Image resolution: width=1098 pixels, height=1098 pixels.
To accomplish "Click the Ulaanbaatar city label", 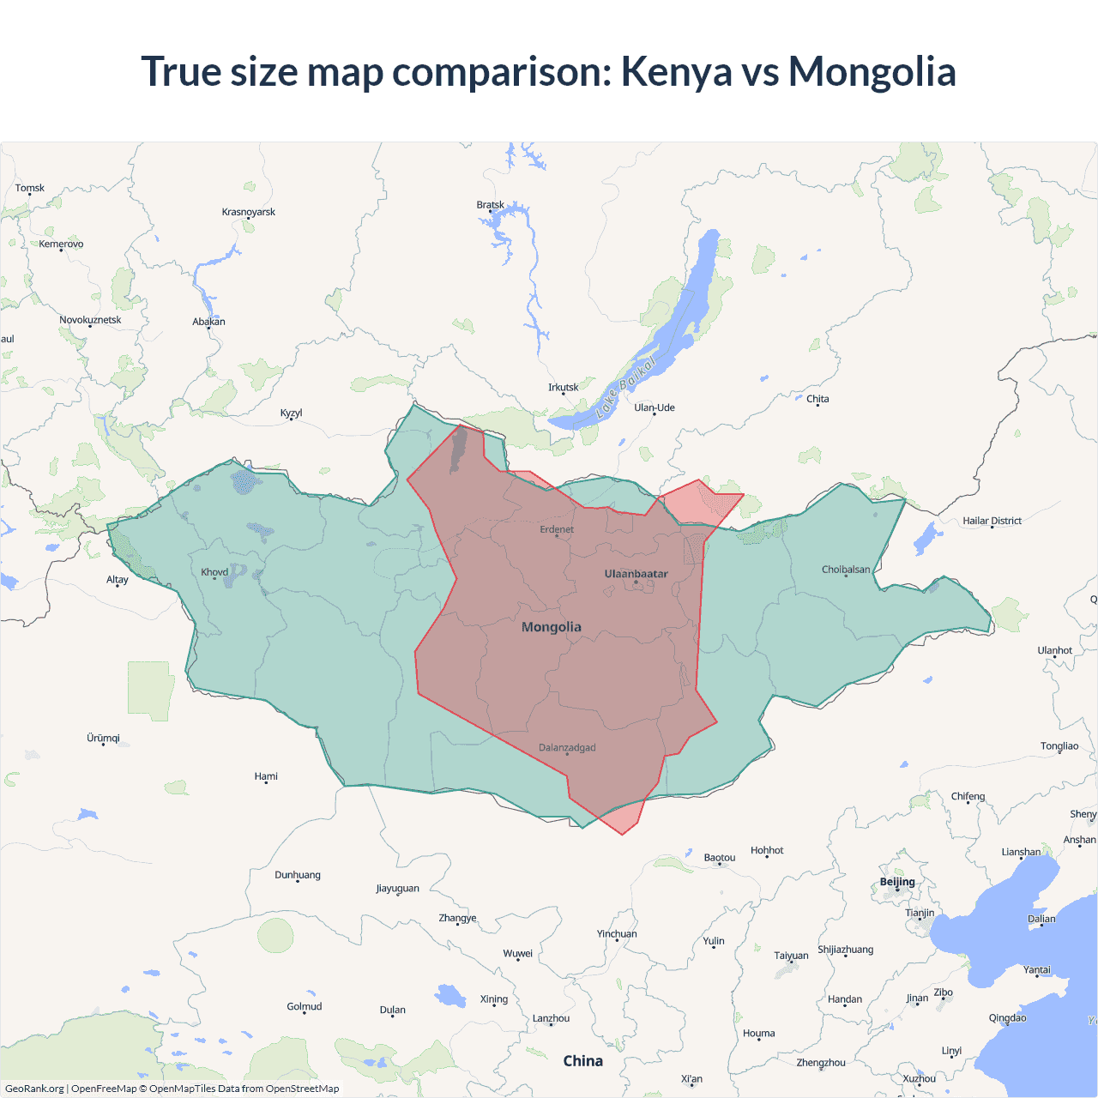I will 636,574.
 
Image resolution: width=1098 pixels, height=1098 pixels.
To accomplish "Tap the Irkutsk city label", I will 563,388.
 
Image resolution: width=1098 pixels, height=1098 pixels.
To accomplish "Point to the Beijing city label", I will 897,882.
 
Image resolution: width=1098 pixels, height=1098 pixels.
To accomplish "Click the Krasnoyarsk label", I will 249,212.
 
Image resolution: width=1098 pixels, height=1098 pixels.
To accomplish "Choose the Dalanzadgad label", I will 567,748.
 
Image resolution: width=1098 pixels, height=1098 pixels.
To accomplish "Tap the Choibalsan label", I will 846,570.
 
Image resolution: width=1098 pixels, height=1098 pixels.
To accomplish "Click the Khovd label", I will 214,572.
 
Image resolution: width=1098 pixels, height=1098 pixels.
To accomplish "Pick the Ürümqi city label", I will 103,739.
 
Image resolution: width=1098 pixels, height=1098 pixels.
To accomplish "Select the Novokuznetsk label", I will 90,320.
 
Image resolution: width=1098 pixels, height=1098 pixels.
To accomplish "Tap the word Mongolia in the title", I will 872,71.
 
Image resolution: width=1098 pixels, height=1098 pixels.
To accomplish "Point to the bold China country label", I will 582,1061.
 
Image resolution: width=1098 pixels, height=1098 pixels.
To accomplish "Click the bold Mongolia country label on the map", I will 551,627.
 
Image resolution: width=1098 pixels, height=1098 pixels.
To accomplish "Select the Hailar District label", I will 992,521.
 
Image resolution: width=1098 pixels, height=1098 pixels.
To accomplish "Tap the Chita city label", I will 817,399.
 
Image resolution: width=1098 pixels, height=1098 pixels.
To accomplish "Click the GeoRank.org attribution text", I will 34,1089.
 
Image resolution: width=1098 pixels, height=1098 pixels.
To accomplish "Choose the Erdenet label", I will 557,529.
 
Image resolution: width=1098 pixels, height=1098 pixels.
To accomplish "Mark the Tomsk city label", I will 30,188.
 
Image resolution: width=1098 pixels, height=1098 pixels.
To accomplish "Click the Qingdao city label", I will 1007,1018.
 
